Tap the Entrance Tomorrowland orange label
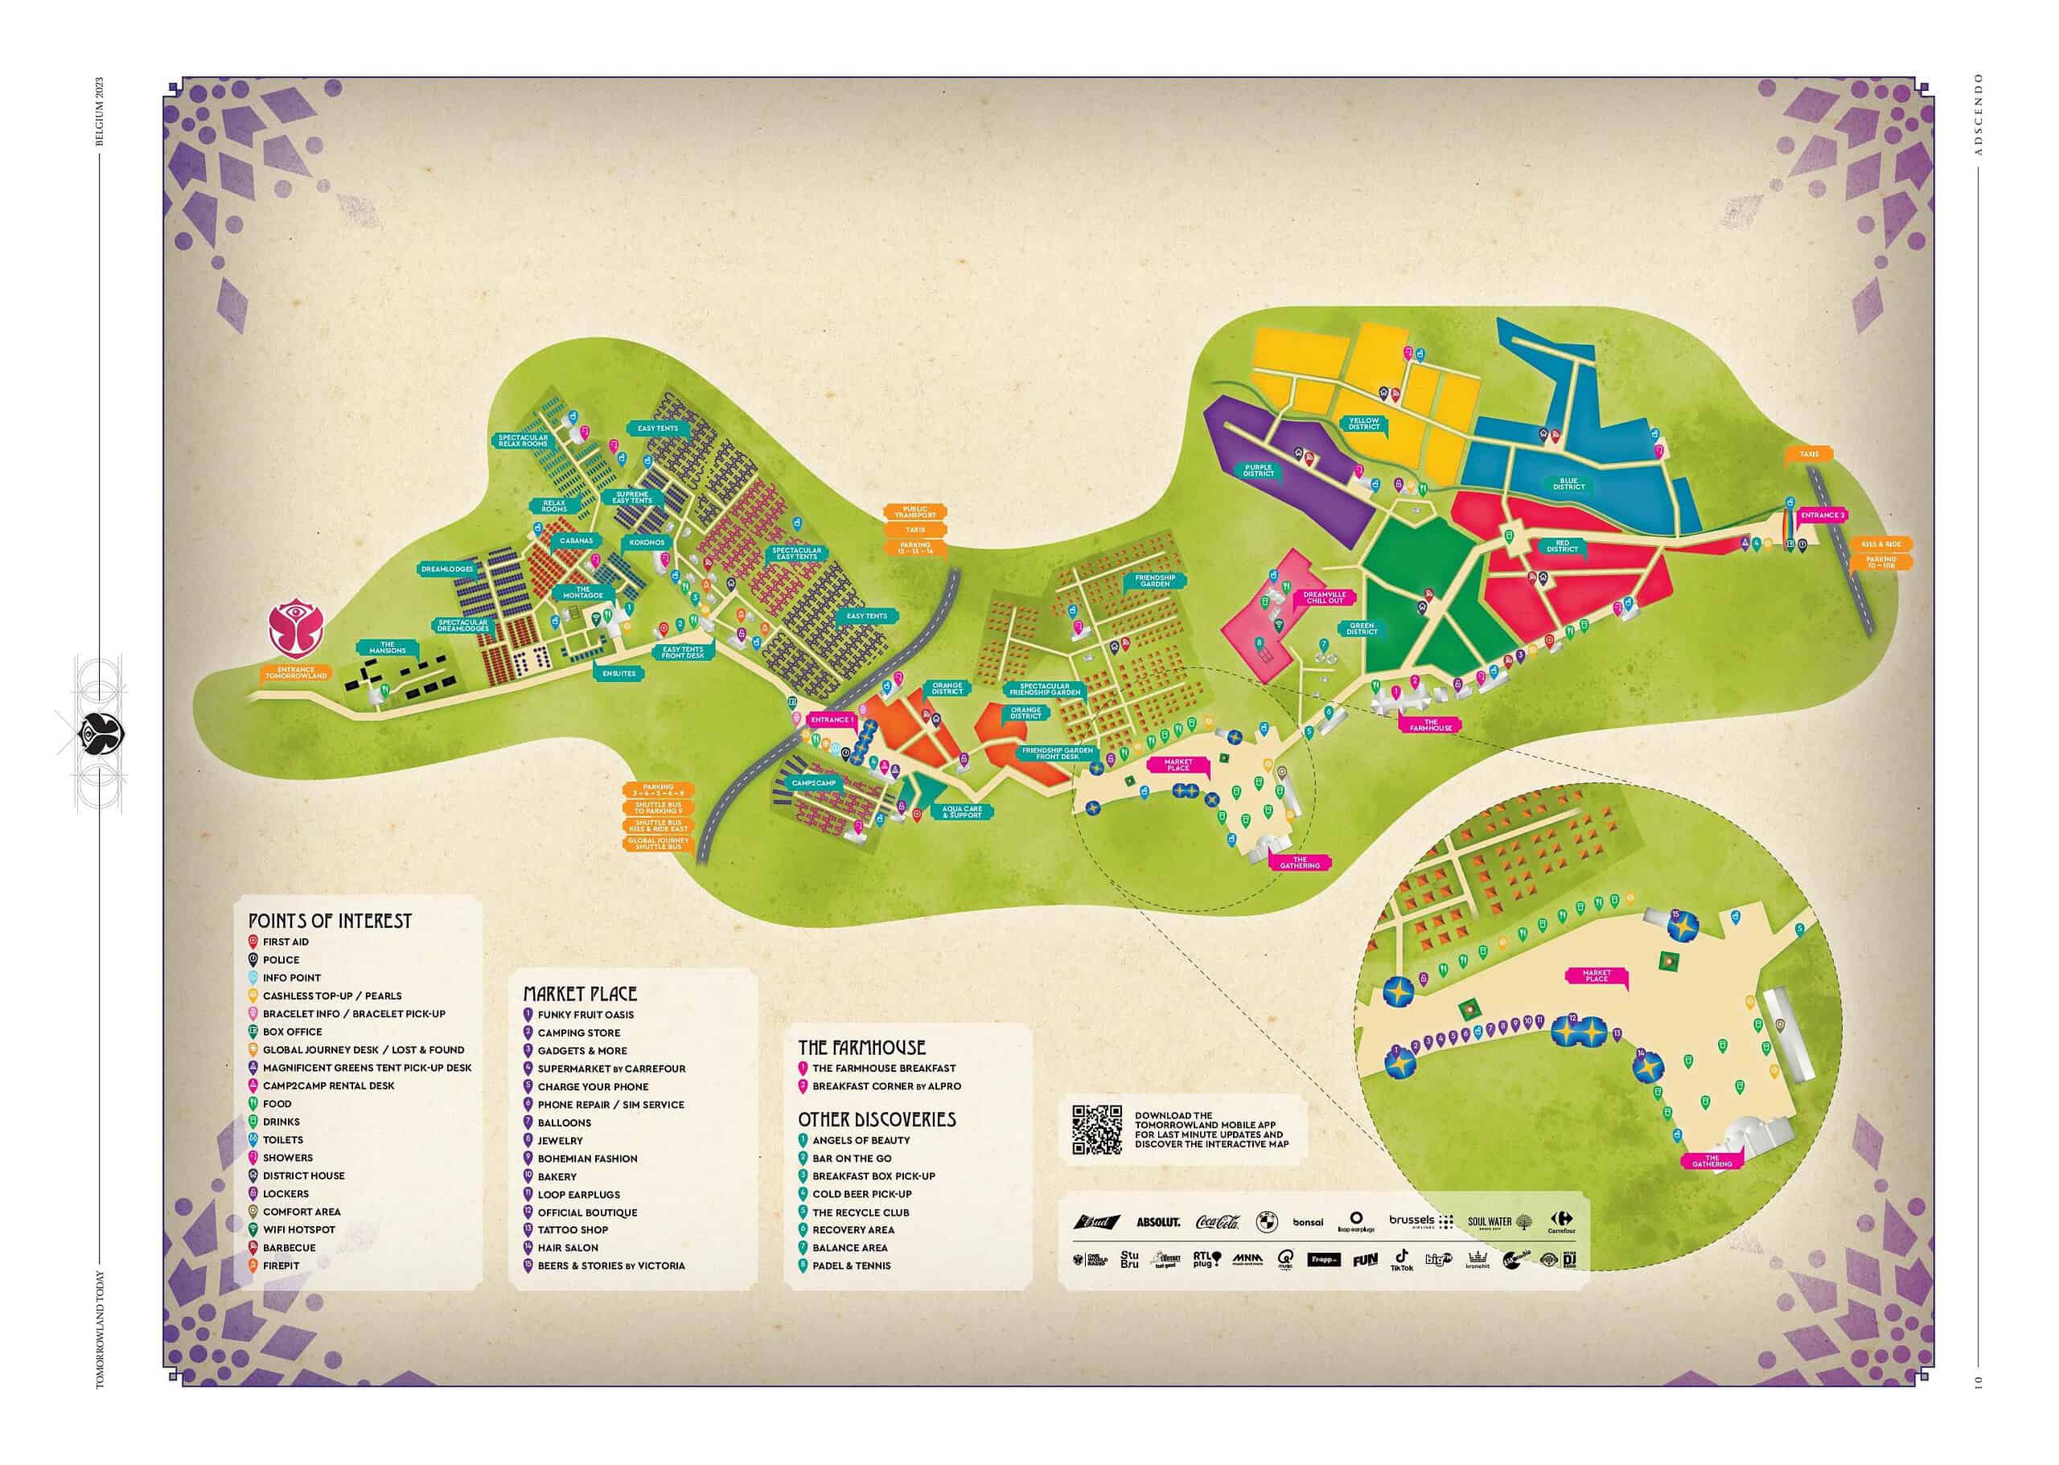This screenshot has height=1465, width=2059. point(295,673)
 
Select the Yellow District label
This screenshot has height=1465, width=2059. point(1363,423)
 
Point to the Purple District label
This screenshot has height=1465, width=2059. point(1258,472)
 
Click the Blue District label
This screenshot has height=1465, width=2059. point(1568,484)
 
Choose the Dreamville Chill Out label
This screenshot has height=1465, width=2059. point(1324,597)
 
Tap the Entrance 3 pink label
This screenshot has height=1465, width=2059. point(1823,515)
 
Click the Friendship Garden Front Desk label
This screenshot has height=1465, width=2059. point(1058,753)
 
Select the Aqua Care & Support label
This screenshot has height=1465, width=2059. point(961,812)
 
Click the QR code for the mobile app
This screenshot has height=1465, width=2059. point(1096,1130)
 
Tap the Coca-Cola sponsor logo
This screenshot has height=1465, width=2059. point(1217,1222)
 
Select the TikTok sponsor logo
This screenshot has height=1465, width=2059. point(1401,1259)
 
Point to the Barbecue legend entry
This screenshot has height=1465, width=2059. point(289,1248)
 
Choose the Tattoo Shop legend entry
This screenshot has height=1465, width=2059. point(572,1230)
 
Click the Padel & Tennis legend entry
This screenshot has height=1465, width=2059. point(851,1266)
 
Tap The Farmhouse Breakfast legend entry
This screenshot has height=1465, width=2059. point(882,1068)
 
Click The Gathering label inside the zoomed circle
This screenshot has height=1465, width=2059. point(1712,1162)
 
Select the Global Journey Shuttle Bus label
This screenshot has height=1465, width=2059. point(658,843)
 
